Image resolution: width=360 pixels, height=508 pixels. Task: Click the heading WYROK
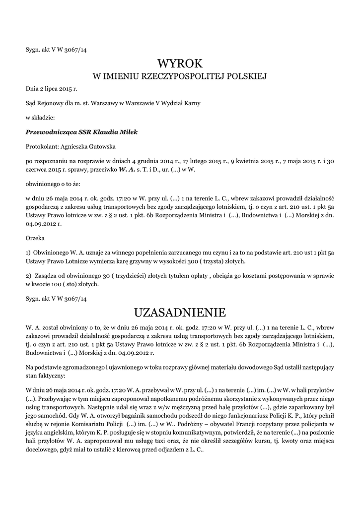tap(180, 63)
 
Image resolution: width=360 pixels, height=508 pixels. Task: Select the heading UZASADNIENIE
tap(180, 313)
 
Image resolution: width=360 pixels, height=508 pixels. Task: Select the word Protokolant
tap(41, 146)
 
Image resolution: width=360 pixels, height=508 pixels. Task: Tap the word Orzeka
tap(35, 238)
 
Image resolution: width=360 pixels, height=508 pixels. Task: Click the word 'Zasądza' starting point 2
tap(46, 275)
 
